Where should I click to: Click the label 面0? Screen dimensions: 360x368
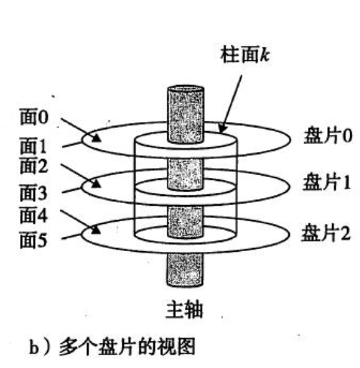(x=34, y=117)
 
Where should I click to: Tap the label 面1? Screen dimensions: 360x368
(x=33, y=146)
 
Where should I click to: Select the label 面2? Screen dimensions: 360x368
(x=34, y=166)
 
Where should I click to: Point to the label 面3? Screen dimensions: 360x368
(x=34, y=193)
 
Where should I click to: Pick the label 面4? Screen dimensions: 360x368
(x=34, y=215)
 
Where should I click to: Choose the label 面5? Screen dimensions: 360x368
(x=34, y=240)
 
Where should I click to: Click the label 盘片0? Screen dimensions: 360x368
(x=328, y=135)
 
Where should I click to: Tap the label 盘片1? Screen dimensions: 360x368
(x=327, y=182)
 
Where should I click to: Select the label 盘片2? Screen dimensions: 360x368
(x=326, y=233)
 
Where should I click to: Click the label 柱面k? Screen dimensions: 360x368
(x=245, y=55)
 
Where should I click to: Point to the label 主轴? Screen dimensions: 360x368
(x=184, y=310)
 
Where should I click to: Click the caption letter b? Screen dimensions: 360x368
(x=34, y=347)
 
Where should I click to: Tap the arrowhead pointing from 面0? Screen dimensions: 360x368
(x=96, y=138)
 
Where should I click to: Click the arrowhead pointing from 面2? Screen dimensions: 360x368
(x=96, y=184)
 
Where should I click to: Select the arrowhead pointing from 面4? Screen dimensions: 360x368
(x=95, y=230)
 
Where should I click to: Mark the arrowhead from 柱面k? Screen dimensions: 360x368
(x=222, y=127)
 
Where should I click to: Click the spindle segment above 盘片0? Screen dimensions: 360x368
(x=186, y=114)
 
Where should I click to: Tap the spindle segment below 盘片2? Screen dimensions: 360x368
(x=185, y=270)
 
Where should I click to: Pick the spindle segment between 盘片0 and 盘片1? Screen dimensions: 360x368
(x=186, y=174)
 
